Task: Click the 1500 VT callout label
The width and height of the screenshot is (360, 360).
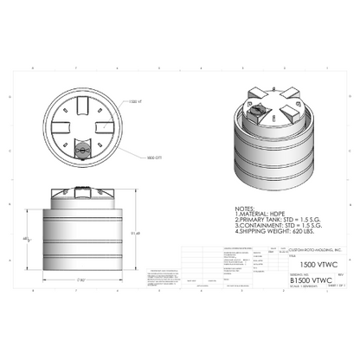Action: (133, 102)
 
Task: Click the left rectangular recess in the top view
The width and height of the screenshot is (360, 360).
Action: (59, 127)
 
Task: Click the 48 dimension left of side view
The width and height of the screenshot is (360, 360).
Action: (27, 237)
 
